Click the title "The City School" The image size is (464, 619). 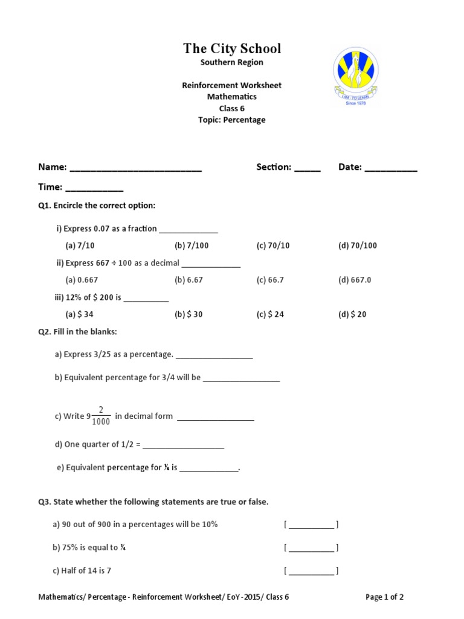[232, 49]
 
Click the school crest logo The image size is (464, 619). [356, 76]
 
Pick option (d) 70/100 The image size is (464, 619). [358, 245]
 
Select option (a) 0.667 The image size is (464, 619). [82, 280]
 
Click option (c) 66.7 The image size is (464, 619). [270, 280]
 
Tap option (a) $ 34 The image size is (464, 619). [79, 314]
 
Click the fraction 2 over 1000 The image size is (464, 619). [101, 416]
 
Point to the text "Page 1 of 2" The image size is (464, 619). [385, 597]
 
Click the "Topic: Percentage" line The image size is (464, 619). [232, 120]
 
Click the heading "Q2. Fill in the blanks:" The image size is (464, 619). [78, 332]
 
